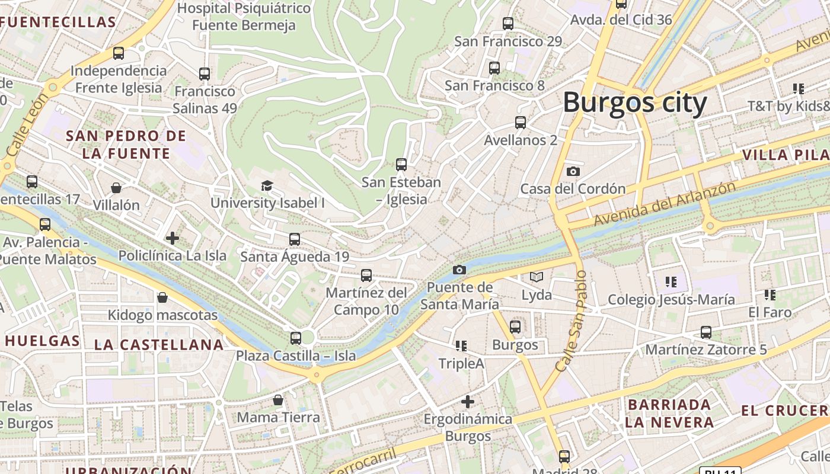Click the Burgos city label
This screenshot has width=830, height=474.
pyautogui.click(x=634, y=102)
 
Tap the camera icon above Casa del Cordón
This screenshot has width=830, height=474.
pyautogui.click(x=573, y=172)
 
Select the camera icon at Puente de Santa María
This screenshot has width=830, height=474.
pyautogui.click(x=459, y=270)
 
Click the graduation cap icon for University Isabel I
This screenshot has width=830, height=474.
pyautogui.click(x=267, y=186)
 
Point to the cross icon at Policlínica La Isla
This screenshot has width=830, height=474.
pyautogui.click(x=173, y=238)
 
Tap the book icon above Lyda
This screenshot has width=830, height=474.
pyautogui.click(x=536, y=277)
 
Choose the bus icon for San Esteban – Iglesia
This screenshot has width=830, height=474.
pyautogui.click(x=401, y=165)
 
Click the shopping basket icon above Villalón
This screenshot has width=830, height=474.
pyautogui.click(x=116, y=188)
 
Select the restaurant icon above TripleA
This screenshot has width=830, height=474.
pyautogui.click(x=461, y=345)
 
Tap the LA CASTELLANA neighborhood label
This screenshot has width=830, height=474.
pyautogui.click(x=159, y=344)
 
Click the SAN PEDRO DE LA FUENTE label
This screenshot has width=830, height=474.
pyautogui.click(x=126, y=145)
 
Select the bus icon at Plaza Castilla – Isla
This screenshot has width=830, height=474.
pyautogui.click(x=295, y=338)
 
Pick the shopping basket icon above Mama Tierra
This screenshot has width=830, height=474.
pyautogui.click(x=278, y=400)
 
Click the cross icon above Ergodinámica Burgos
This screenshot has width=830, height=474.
pyautogui.click(x=468, y=402)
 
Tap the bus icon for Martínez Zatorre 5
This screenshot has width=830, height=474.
pyautogui.click(x=705, y=332)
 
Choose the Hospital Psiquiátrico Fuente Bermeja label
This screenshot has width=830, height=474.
pyautogui.click(x=244, y=17)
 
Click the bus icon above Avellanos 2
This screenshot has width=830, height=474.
pyautogui.click(x=520, y=123)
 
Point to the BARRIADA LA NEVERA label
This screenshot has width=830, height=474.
pyautogui.click(x=669, y=414)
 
